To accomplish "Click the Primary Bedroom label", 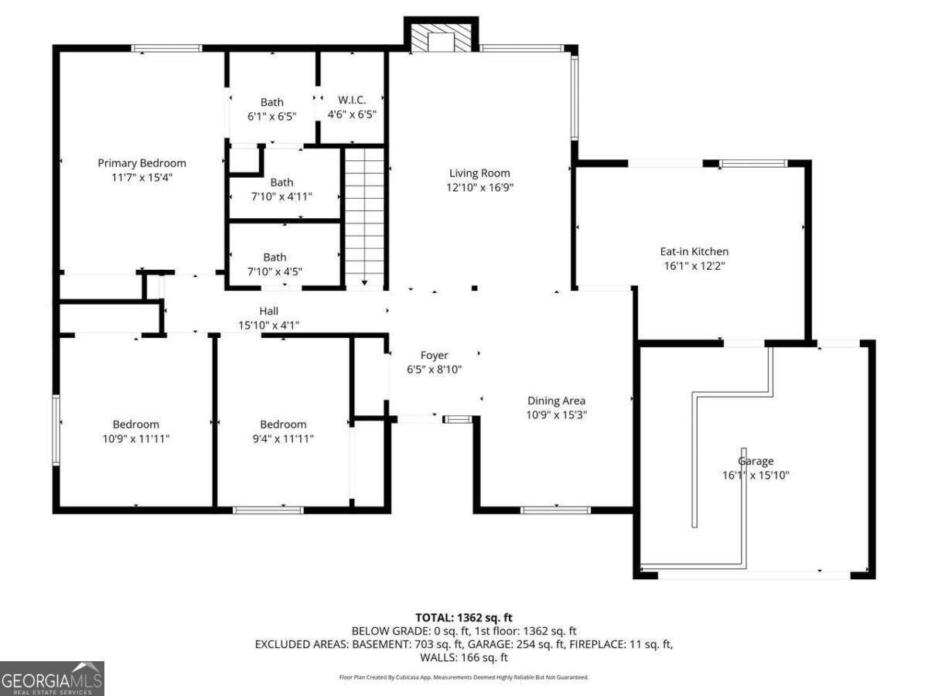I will click(142, 163).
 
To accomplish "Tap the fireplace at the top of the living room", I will click(442, 39).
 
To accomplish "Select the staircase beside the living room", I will click(363, 218).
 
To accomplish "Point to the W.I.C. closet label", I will click(352, 101).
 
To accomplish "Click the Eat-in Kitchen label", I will click(693, 251).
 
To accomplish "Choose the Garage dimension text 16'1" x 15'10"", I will click(755, 476).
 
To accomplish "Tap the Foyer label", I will click(434, 356).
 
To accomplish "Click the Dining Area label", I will click(556, 401).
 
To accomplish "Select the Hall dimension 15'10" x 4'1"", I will click(268, 326).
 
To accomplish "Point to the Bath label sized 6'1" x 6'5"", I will click(271, 102).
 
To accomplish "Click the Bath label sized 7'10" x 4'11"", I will click(281, 183).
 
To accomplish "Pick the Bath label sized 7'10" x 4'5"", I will click(275, 258).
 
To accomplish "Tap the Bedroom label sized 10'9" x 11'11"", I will click(135, 425).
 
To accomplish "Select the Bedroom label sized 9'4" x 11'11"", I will click(282, 425).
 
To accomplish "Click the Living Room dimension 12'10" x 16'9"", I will click(479, 187).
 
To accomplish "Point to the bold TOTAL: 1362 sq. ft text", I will click(464, 617).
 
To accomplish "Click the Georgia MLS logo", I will click(52, 678).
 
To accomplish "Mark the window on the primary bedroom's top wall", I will click(166, 49).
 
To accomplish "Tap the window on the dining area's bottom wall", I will click(555, 510).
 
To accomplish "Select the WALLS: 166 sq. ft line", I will click(464, 657).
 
